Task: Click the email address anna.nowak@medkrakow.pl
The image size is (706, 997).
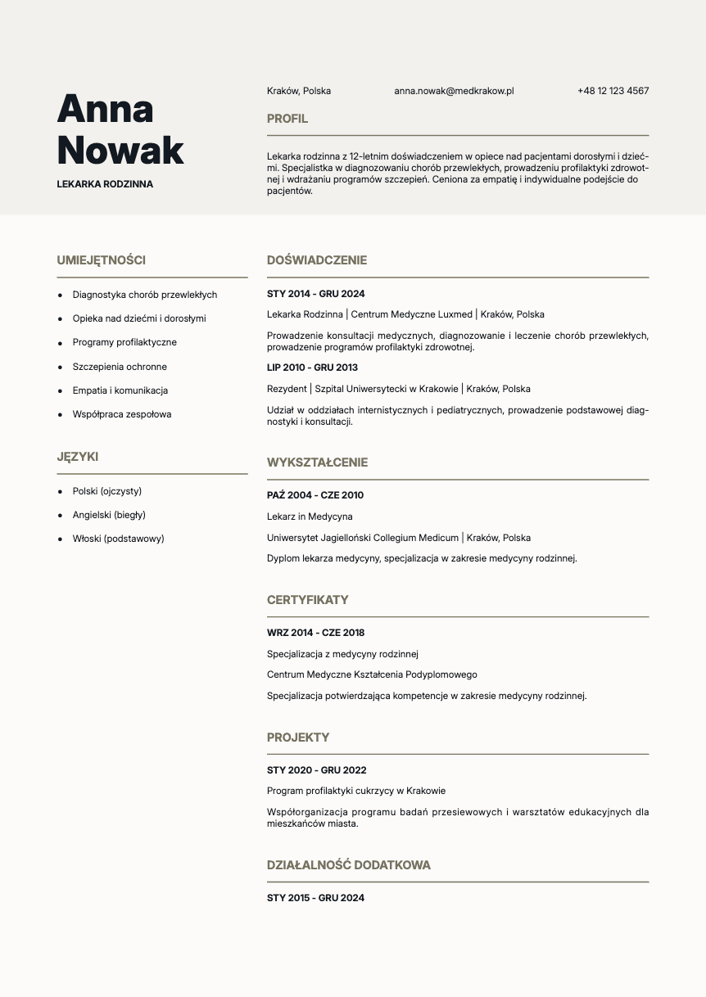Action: tap(453, 91)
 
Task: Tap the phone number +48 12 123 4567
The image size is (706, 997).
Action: tap(613, 91)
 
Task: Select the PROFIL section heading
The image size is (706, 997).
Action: tap(287, 119)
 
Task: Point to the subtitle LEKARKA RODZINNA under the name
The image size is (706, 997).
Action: tap(105, 184)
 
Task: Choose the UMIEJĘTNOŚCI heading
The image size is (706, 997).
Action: tap(102, 260)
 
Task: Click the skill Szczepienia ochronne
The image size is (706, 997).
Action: tap(120, 367)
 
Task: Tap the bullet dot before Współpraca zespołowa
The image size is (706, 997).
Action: tap(60, 415)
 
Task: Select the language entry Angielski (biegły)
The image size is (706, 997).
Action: tap(109, 515)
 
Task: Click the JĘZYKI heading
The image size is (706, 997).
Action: tap(78, 457)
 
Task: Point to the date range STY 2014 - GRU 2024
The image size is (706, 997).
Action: tap(316, 294)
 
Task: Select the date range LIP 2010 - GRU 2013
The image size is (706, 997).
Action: tap(312, 368)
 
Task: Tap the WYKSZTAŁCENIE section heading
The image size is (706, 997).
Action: tap(317, 462)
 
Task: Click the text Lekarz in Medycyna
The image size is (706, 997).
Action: tap(310, 517)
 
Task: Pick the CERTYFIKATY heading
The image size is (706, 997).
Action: tap(308, 600)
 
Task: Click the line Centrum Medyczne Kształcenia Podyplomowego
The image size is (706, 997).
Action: tap(372, 674)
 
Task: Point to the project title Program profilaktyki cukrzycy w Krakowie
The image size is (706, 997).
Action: tap(356, 791)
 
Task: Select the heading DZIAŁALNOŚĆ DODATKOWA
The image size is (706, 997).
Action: tap(349, 865)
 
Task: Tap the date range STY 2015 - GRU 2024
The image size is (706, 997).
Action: tap(315, 898)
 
